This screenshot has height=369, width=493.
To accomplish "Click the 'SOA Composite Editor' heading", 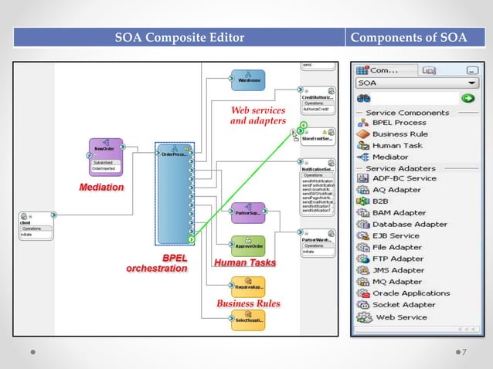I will pyautogui.click(x=179, y=37).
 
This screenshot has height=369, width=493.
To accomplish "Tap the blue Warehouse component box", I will pyautogui.click(x=247, y=79).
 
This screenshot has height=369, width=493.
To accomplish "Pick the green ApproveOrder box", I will pyautogui.click(x=248, y=245).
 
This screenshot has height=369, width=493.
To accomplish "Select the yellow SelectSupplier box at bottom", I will pyautogui.click(x=248, y=320).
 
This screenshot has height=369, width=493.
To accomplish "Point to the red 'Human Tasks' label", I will pyautogui.click(x=244, y=263).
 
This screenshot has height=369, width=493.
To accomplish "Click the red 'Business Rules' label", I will pyautogui.click(x=247, y=303).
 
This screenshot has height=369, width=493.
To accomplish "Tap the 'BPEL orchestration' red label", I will pyautogui.click(x=158, y=262).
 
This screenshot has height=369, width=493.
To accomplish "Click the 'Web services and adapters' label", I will pyautogui.click(x=258, y=115).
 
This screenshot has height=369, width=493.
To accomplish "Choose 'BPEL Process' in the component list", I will pyautogui.click(x=399, y=123).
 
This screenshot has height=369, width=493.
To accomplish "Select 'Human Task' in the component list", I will pyautogui.click(x=397, y=145).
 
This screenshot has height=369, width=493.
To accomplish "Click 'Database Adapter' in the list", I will pyautogui.click(x=410, y=224).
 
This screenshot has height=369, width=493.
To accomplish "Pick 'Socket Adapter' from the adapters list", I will pyautogui.click(x=404, y=304).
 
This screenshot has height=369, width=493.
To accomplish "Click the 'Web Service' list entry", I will pyautogui.click(x=400, y=317).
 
